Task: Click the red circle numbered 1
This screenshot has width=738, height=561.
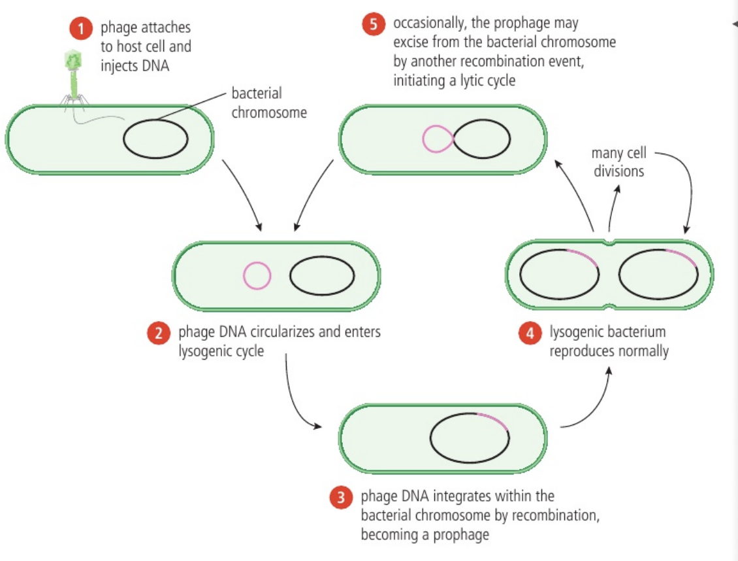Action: coord(81,29)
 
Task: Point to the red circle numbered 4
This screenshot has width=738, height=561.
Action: coord(530,333)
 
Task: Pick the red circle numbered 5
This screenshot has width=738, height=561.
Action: coord(373,25)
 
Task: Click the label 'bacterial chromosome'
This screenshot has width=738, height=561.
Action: coord(268,103)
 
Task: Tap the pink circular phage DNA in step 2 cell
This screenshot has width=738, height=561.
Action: coord(257,275)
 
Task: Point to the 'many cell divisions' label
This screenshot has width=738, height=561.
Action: coord(618,162)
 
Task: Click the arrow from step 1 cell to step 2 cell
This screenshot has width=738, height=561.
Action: coord(242,194)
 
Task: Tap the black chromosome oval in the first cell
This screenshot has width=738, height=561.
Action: coord(156,139)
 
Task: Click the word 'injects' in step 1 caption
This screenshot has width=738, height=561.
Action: coord(119,66)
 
